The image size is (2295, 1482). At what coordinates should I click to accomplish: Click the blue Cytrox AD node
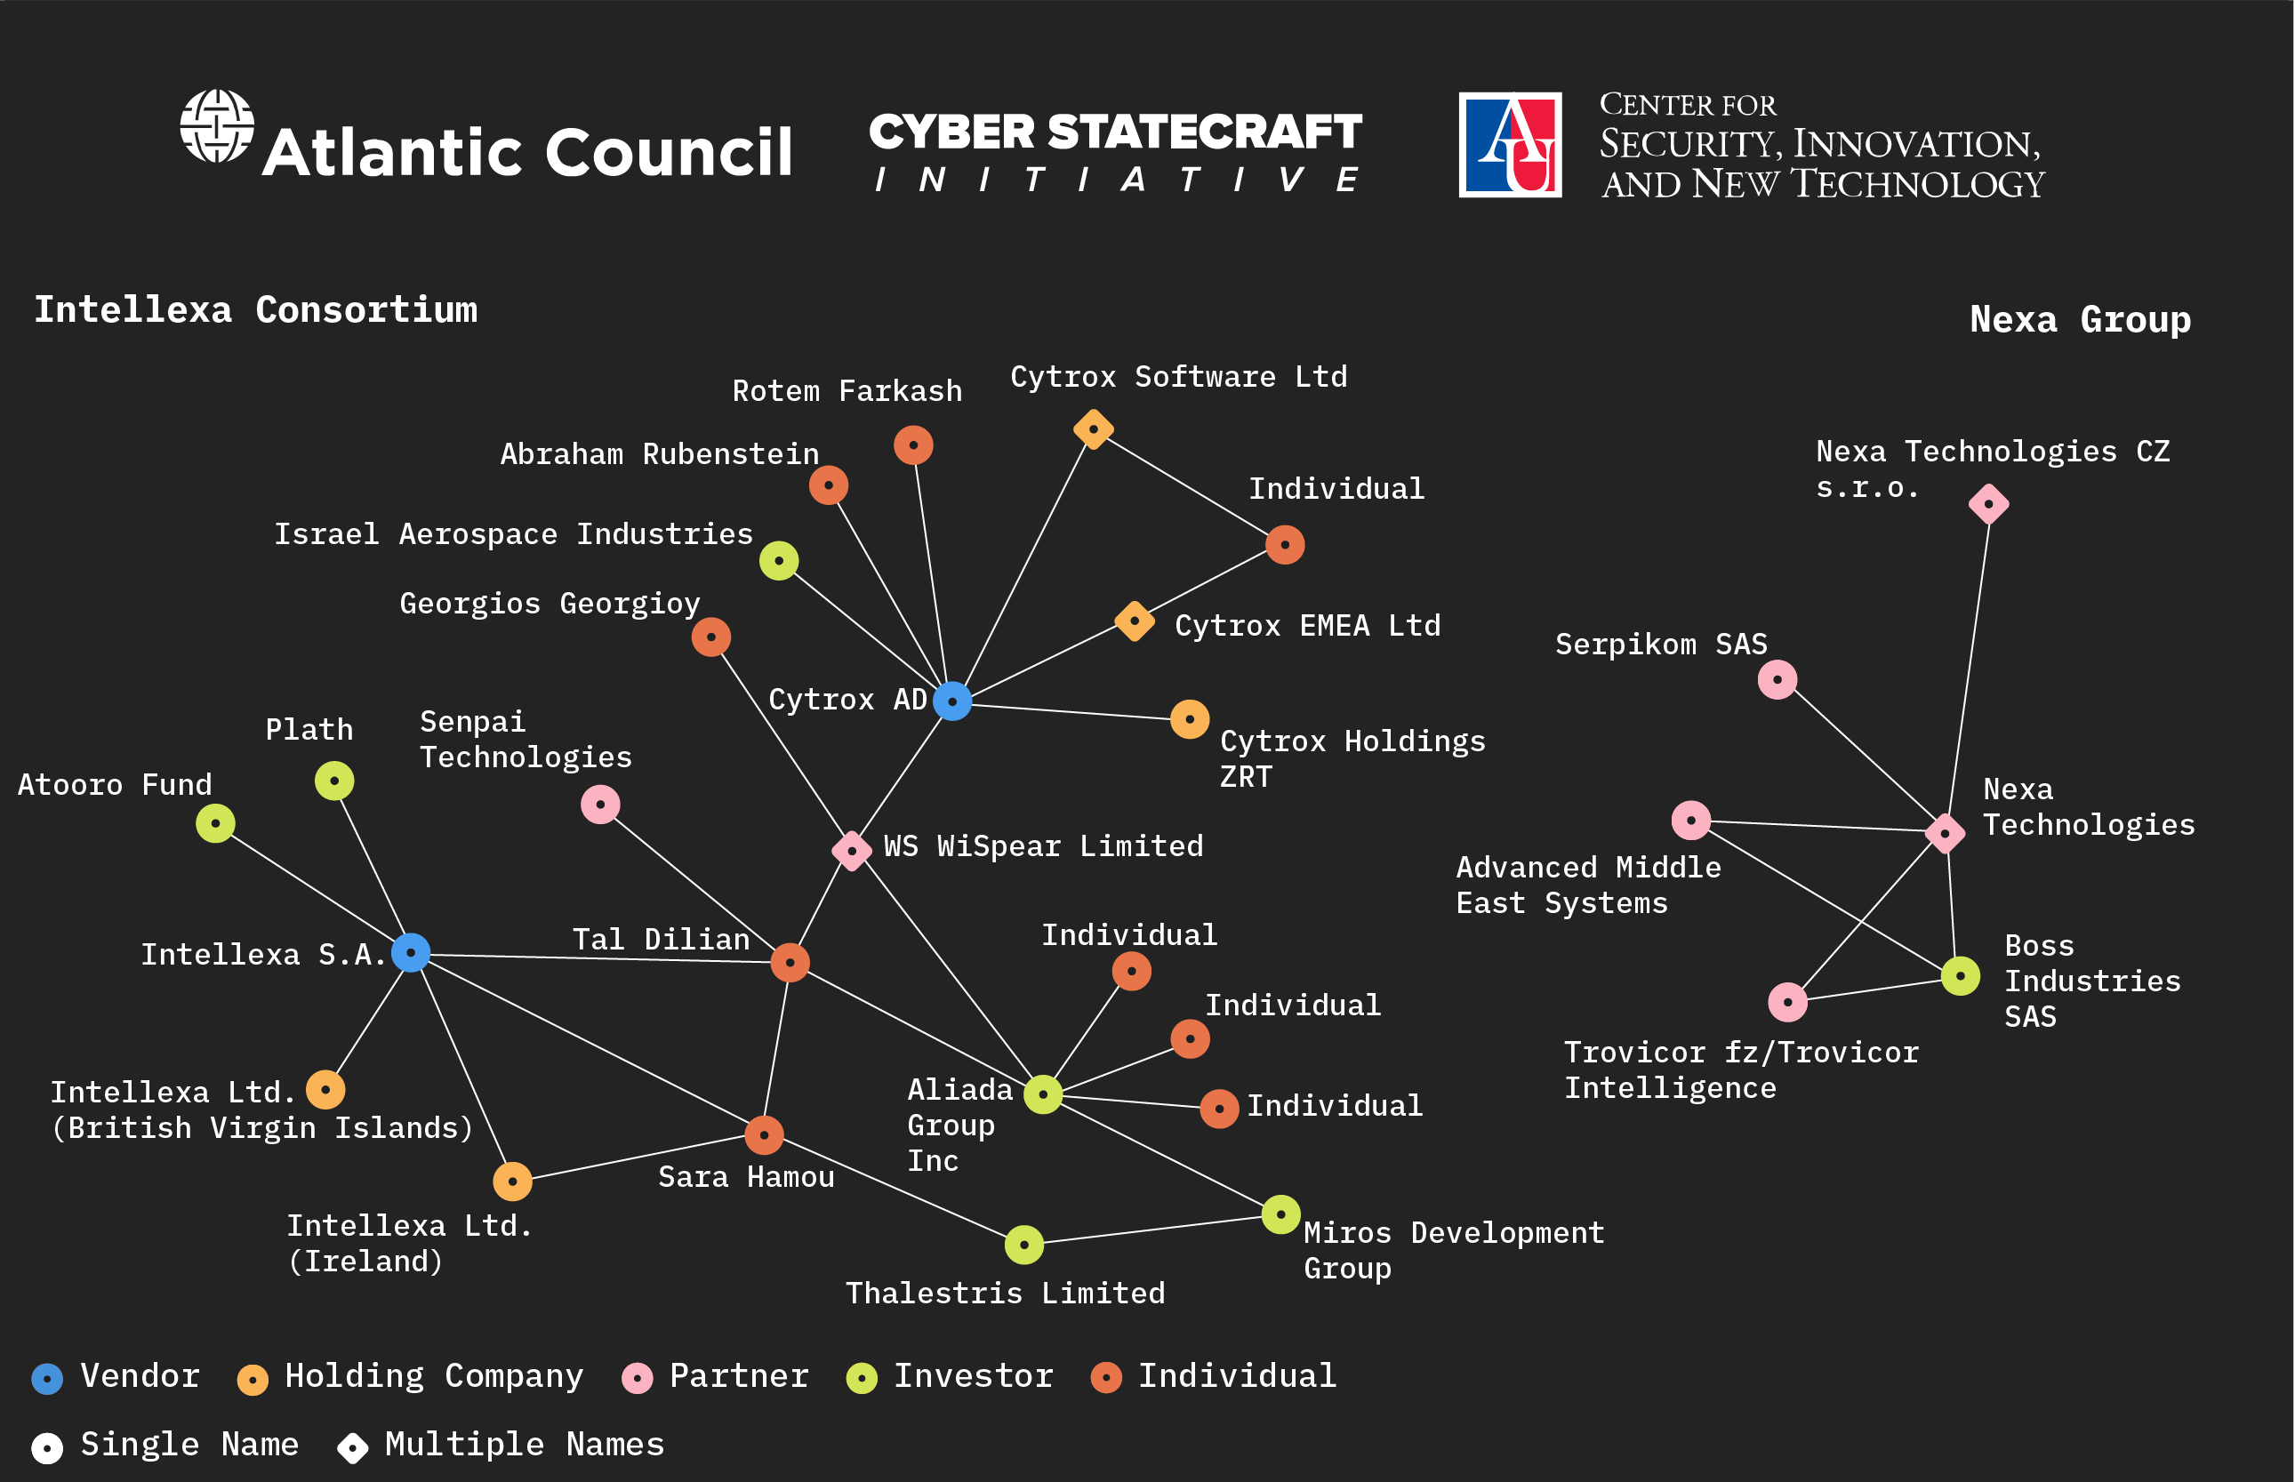tap(952, 701)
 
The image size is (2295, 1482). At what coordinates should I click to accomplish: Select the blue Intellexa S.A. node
tap(411, 953)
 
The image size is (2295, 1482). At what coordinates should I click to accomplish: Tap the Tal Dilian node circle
tap(790, 962)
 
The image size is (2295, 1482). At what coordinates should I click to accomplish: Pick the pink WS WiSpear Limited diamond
tap(852, 851)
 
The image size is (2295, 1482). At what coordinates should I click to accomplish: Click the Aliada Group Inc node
tap(1043, 1094)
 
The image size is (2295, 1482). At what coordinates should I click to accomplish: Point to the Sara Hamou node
tap(764, 1135)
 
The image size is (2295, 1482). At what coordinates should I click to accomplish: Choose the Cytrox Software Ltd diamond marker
tap(1093, 429)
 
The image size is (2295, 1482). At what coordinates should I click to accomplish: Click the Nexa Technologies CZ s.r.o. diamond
tap(1988, 504)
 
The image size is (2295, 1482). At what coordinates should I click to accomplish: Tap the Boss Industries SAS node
tap(1960, 977)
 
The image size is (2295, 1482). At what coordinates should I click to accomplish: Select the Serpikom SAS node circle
tap(1777, 680)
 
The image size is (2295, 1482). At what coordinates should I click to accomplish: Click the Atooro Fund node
tap(215, 824)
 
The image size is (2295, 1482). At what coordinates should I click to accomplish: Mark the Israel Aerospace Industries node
tap(778, 560)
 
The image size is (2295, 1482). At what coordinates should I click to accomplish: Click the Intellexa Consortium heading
tap(256, 310)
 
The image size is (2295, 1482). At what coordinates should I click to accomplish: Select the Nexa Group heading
tap(2081, 319)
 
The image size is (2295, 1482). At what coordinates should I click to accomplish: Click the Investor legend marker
tap(862, 1379)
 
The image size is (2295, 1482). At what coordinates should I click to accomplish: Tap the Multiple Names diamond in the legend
tap(353, 1447)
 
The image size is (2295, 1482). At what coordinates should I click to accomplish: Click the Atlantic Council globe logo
tap(218, 126)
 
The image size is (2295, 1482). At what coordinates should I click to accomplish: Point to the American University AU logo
tap(1510, 145)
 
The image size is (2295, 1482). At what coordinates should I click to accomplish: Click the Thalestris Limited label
tap(1006, 1293)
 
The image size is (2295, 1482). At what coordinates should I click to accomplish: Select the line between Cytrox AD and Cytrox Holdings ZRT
tap(1071, 711)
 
